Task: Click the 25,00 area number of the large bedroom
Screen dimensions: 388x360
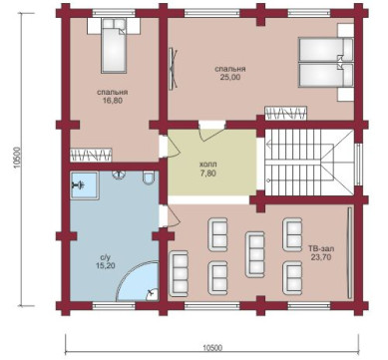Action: pyautogui.click(x=230, y=77)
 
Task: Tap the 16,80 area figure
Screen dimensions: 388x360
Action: pyautogui.click(x=113, y=100)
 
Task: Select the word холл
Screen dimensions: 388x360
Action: pyautogui.click(x=208, y=165)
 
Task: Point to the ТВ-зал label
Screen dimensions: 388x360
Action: pyautogui.click(x=321, y=248)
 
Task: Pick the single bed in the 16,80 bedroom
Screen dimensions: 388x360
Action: pyautogui.click(x=114, y=46)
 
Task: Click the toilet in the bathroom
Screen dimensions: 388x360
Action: pyautogui.click(x=148, y=177)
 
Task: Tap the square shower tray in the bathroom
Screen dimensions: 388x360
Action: pyautogui.click(x=85, y=185)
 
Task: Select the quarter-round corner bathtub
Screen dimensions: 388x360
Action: pyautogui.click(x=138, y=282)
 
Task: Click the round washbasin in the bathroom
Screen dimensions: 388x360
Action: pyautogui.click(x=119, y=175)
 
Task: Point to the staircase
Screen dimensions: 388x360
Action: pyautogui.click(x=309, y=163)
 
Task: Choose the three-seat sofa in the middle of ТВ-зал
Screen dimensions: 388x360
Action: pyautogui.click(x=255, y=254)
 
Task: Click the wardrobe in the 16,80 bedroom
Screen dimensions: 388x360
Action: pyautogui.click(x=91, y=155)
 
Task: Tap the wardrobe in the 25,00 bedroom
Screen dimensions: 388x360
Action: pyautogui.click(x=285, y=113)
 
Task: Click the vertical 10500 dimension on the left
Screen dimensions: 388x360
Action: pyautogui.click(x=18, y=160)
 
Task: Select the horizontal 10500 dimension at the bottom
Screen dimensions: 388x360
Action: pyautogui.click(x=212, y=348)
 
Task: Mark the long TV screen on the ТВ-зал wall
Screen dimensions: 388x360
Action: pyautogui.click(x=349, y=253)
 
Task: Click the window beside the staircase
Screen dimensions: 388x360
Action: pyautogui.click(x=358, y=165)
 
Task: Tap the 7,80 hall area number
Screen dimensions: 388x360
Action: pyautogui.click(x=208, y=173)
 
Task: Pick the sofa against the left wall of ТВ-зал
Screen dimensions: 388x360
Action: pyautogui.click(x=179, y=273)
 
